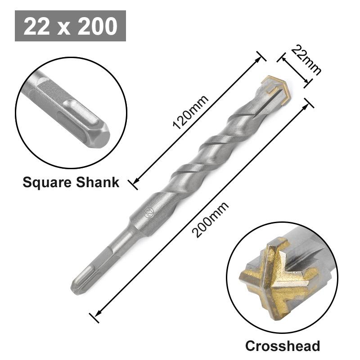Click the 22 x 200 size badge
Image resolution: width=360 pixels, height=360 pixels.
pyautogui.click(x=70, y=26)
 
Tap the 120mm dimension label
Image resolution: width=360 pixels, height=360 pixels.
pyautogui.click(x=191, y=113)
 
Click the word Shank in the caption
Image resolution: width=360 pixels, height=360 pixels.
pyautogui.click(x=98, y=182)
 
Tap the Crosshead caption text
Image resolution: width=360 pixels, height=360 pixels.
pyautogui.click(x=283, y=346)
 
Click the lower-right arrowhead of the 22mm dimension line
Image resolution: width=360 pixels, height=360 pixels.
pyautogui.click(x=308, y=82)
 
